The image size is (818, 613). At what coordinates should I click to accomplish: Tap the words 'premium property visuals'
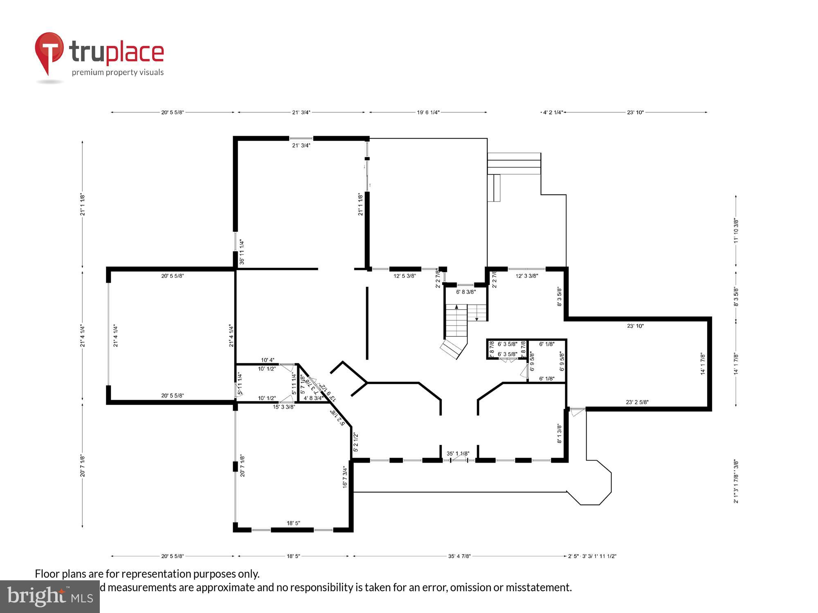pos(118,72)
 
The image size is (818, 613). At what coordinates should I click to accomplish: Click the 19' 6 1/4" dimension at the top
pos(428,112)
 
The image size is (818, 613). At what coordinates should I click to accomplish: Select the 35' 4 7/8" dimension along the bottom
pos(459,556)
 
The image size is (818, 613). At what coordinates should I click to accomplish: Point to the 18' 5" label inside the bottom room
pos(293,523)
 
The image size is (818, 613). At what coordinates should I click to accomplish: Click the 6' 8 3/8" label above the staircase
pos(466,292)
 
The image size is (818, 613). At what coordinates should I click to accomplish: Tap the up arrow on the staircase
pos(456,306)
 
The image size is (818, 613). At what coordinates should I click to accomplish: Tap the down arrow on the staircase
pos(476,318)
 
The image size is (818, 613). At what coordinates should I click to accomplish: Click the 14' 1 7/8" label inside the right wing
pos(703,364)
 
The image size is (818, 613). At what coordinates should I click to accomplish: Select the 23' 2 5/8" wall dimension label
pos(637,402)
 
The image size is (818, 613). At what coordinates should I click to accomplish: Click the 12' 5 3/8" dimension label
pos(405,276)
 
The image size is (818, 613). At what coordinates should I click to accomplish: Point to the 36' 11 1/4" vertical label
pos(242,252)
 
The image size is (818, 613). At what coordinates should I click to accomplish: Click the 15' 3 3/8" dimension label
pos(284,407)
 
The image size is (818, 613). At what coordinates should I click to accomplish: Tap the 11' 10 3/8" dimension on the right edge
pos(736,231)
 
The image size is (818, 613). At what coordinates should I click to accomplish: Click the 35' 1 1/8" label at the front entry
pos(458,454)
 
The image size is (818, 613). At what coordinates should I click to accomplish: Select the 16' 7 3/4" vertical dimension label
pos(345,477)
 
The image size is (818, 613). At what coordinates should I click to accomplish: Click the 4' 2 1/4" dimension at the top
pos(553,112)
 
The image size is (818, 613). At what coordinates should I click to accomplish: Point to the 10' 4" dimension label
pos(267,360)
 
